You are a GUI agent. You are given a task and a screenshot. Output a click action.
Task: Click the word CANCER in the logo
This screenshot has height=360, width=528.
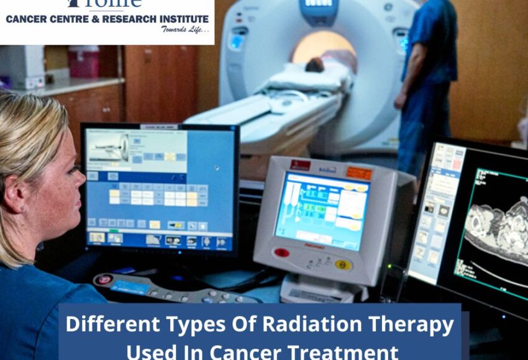25,19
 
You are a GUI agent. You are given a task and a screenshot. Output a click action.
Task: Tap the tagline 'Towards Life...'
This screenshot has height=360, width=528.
184,29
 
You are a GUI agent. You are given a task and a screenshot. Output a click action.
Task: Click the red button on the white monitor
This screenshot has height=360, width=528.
281,253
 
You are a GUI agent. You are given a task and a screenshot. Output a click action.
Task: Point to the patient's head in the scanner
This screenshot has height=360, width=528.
314,65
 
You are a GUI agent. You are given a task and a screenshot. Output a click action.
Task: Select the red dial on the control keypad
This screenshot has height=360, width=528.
104,279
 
